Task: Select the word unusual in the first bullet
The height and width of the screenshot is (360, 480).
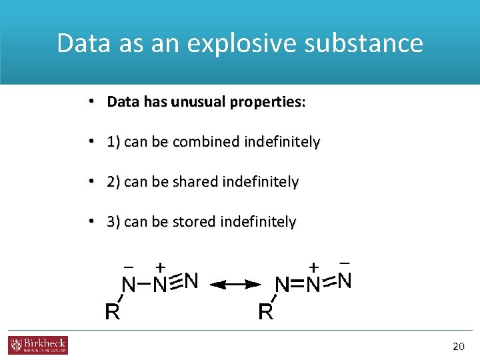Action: [199, 103]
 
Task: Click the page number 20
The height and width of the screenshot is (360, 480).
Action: [458, 346]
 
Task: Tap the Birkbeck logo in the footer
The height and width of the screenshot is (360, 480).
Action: [38, 345]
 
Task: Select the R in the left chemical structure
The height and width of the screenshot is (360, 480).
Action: [113, 311]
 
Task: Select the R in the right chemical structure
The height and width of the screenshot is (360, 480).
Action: [265, 311]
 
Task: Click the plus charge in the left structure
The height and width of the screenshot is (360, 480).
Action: [161, 266]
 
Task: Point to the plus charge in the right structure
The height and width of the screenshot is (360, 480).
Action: [314, 266]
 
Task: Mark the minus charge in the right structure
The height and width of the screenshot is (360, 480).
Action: [345, 263]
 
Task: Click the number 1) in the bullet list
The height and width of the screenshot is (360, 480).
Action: [114, 142]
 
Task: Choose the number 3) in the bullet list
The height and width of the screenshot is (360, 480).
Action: [114, 221]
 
